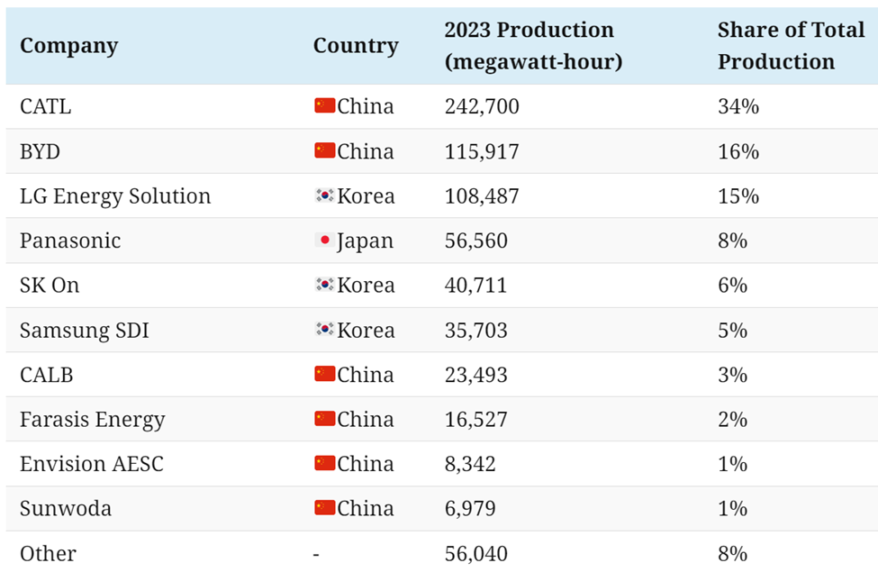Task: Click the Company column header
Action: pyautogui.click(x=68, y=46)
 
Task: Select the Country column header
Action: pyautogui.click(x=356, y=46)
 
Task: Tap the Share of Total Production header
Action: pyautogui.click(x=791, y=46)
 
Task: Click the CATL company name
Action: pyautogui.click(x=45, y=106)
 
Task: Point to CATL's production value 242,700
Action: pyautogui.click(x=482, y=106)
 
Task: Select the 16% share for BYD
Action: pyautogui.click(x=738, y=151)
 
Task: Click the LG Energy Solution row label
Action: pyautogui.click(x=115, y=196)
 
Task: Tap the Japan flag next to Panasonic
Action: pyautogui.click(x=324, y=241)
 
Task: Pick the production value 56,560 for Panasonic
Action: pyautogui.click(x=475, y=241)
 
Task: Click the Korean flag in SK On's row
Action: pyautogui.click(x=324, y=286)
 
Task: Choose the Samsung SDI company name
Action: pyautogui.click(x=85, y=331)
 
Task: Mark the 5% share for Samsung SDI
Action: pyautogui.click(x=733, y=331)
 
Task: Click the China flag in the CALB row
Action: pyautogui.click(x=324, y=374)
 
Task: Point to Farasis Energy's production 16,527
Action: pyautogui.click(x=475, y=420)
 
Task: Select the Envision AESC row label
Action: pyautogui.click(x=92, y=464)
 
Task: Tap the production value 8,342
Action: pyautogui.click(x=470, y=464)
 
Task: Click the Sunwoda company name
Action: pyautogui.click(x=66, y=509)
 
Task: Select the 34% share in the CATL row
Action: pyautogui.click(x=738, y=106)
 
